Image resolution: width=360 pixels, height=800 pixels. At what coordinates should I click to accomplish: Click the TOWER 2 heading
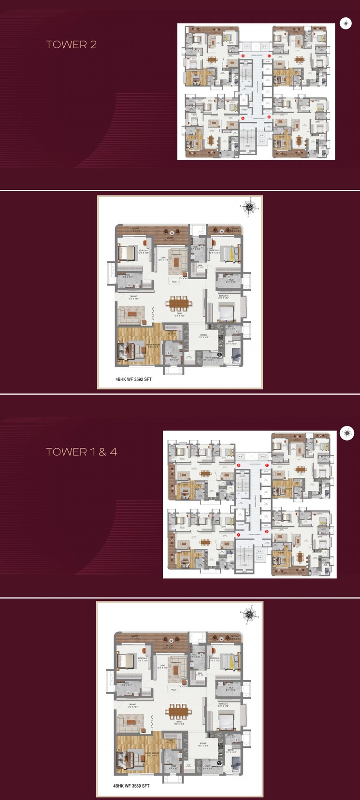(71, 44)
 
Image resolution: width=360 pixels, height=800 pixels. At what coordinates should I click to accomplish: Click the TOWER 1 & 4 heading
(81, 452)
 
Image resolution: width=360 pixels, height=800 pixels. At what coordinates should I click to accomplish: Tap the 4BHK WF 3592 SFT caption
(133, 379)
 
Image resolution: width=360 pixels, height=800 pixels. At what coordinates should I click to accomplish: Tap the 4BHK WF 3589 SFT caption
(131, 786)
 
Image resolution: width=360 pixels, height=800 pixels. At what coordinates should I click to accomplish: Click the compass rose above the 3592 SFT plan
(249, 207)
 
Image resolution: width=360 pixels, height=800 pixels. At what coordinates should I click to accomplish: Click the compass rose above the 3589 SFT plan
(249, 614)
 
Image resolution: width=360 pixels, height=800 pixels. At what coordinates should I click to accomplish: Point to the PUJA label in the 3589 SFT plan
(173, 690)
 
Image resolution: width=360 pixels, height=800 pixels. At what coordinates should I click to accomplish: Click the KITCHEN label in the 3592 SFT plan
(203, 335)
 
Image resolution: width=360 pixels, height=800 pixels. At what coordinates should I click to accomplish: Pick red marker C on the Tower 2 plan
(269, 56)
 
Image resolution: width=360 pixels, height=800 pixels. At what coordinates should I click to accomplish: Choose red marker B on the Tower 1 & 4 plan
(239, 465)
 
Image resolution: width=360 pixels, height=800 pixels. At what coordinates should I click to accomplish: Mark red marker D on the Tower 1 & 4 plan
(266, 531)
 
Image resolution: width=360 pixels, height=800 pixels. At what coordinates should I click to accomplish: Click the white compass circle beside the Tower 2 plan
(346, 23)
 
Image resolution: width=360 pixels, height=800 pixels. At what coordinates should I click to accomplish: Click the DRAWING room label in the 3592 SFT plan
(133, 297)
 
